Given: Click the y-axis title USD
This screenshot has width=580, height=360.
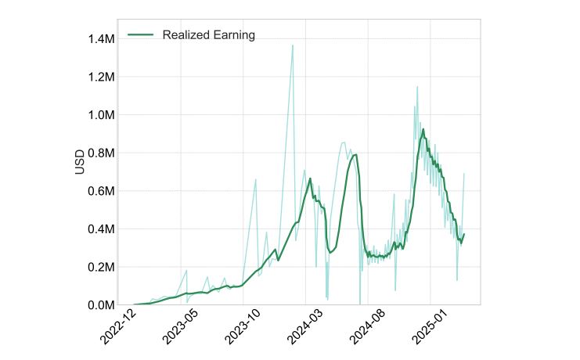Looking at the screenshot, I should click(80, 162).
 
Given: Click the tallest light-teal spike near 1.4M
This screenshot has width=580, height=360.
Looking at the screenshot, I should click(293, 45).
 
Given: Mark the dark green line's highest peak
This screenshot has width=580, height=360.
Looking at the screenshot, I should click(423, 130).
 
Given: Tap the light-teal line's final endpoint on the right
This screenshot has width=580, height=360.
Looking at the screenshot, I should click(464, 174).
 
